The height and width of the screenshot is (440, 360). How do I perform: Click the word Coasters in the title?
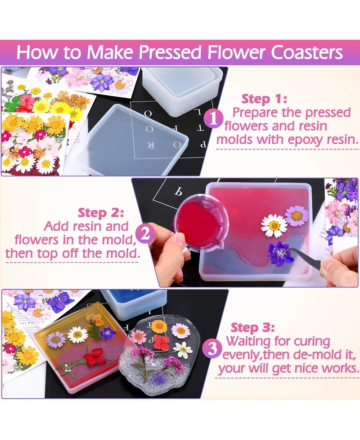(306, 52)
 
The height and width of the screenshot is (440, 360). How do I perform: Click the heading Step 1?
(264, 99)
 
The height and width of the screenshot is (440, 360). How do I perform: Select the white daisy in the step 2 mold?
(274, 226)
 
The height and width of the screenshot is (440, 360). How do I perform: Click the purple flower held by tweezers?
(278, 253)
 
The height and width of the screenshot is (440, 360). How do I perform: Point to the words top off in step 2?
(58, 253)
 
